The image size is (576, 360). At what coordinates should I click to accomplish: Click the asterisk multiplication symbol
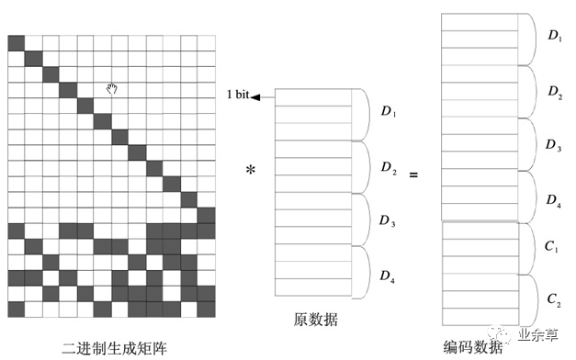coord(250,172)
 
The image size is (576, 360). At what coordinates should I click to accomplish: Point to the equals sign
coord(412,172)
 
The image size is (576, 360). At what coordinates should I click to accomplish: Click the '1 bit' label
coord(237,96)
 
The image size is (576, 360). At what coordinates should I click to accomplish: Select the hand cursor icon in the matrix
coord(112,88)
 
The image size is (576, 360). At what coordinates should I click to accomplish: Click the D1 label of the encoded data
coord(555,36)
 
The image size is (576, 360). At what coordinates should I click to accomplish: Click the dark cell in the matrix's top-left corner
coord(16,43)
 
